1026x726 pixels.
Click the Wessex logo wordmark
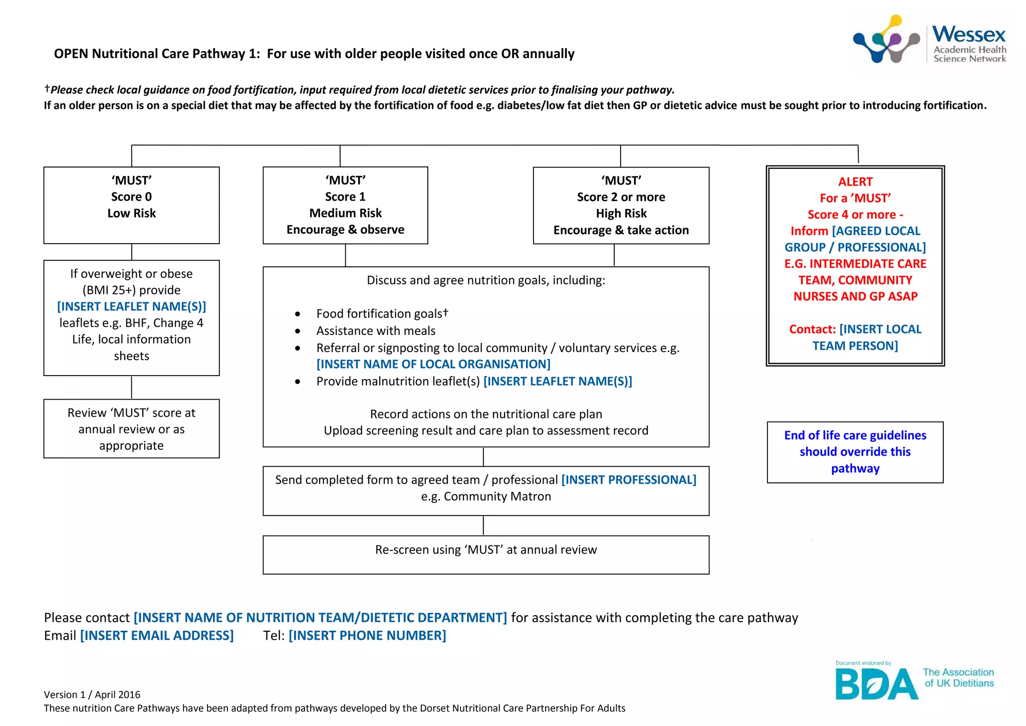pyautogui.click(x=968, y=35)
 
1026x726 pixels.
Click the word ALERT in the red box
pyautogui.click(x=855, y=182)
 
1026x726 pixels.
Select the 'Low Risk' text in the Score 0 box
pyautogui.click(x=131, y=214)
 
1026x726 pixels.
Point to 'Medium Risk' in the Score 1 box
pyautogui.click(x=345, y=213)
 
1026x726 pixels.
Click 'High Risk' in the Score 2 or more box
pyautogui.click(x=621, y=214)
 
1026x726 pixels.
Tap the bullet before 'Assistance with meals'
pyautogui.click(x=298, y=331)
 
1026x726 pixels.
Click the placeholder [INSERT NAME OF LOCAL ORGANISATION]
pyautogui.click(x=433, y=365)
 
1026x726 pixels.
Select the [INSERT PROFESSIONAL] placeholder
pyautogui.click(x=629, y=480)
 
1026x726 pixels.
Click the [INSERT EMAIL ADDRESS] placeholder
pyautogui.click(x=157, y=636)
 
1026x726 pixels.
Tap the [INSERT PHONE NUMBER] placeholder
pyautogui.click(x=367, y=636)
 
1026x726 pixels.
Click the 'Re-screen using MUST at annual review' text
pyautogui.click(x=486, y=550)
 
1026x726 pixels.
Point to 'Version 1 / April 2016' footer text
pyautogui.click(x=92, y=694)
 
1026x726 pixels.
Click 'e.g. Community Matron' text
pyautogui.click(x=486, y=496)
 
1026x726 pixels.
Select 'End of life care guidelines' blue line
pyautogui.click(x=855, y=435)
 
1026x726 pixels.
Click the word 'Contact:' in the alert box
pyautogui.click(x=812, y=329)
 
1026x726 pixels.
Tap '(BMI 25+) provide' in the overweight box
pyautogui.click(x=131, y=290)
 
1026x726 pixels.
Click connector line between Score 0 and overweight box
pyautogui.click(x=132, y=252)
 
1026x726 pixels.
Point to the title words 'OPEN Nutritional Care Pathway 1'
pyautogui.click(x=157, y=54)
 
